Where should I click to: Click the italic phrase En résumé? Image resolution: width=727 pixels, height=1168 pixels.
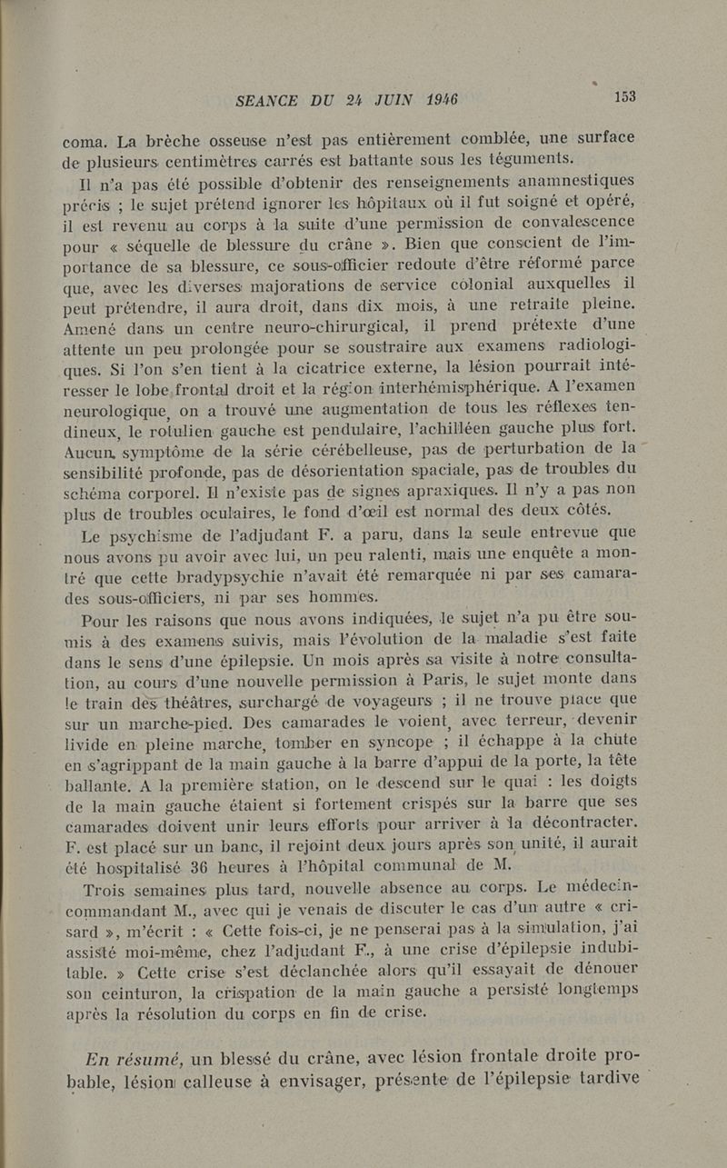[134, 1058]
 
